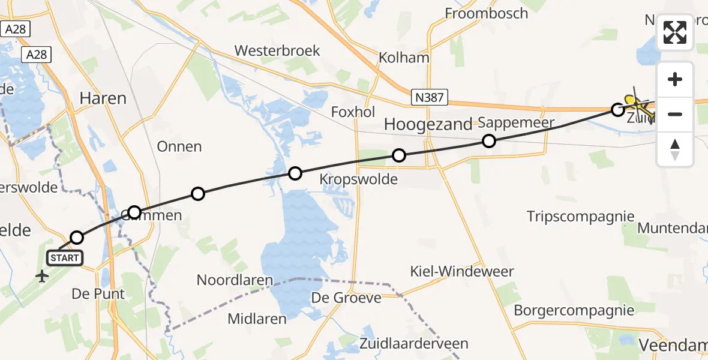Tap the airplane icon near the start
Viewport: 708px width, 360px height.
tap(42, 277)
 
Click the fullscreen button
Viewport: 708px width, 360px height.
tap(675, 32)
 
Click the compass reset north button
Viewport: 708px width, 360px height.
tap(675, 149)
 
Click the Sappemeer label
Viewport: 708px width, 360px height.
tap(516, 123)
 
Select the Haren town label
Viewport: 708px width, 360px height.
tap(103, 98)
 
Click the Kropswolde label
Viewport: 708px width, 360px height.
tap(359, 179)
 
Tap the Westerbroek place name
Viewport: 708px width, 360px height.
tap(277, 51)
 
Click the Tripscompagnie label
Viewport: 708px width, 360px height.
tap(580, 216)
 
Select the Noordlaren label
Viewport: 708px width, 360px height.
tap(235, 280)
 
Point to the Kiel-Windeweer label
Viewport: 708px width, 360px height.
tap(462, 272)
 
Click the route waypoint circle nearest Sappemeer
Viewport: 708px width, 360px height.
tap(489, 141)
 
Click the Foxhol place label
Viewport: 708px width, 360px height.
tap(353, 112)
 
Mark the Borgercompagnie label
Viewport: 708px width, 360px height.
tap(574, 310)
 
